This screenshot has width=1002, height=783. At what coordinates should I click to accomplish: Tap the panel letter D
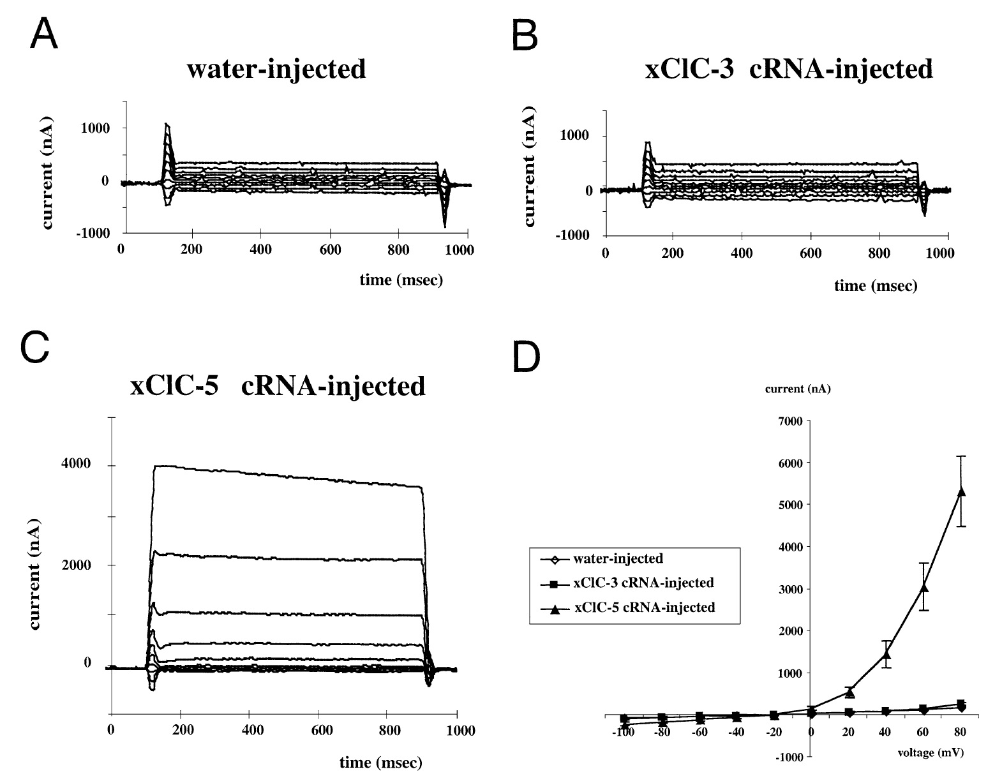coord(527,359)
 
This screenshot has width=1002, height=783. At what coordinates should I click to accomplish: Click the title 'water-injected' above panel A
coord(276,69)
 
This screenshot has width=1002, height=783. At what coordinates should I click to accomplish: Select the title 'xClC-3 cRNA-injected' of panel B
coord(789,68)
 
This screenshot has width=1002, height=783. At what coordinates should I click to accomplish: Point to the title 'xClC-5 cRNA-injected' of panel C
coord(278,386)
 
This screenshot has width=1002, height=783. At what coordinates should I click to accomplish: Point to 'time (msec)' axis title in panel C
coord(381,762)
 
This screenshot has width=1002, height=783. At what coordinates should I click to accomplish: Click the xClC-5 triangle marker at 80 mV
coord(961,491)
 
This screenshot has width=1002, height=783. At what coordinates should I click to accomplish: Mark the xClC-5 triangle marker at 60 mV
coord(923,587)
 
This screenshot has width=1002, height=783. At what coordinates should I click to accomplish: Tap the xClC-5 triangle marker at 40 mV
coord(886,654)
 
